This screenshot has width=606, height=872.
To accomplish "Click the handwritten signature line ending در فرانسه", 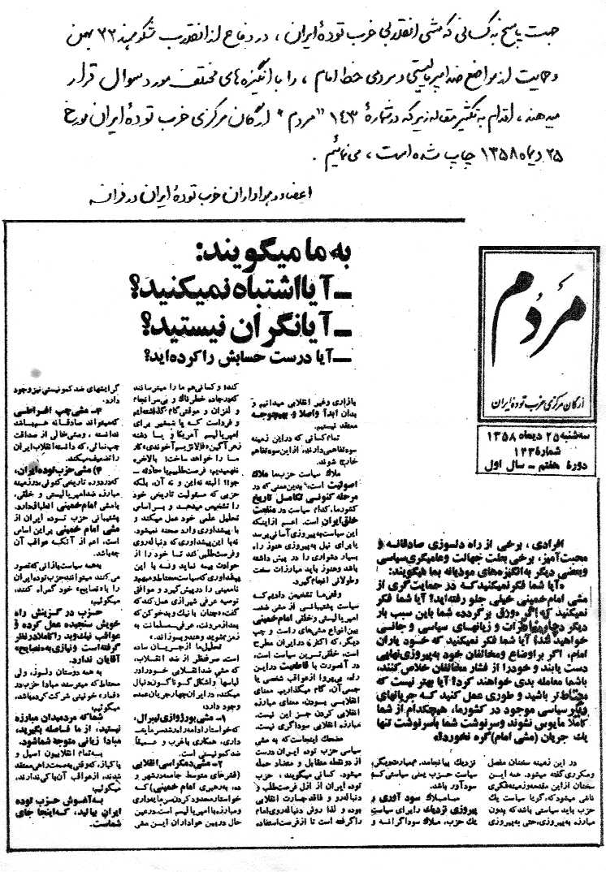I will (227, 196).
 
